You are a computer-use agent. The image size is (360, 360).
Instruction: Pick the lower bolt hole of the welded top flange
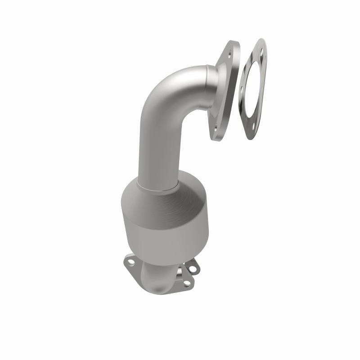pos(216,127)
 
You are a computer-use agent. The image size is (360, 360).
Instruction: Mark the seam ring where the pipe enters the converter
pos(157,185)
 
